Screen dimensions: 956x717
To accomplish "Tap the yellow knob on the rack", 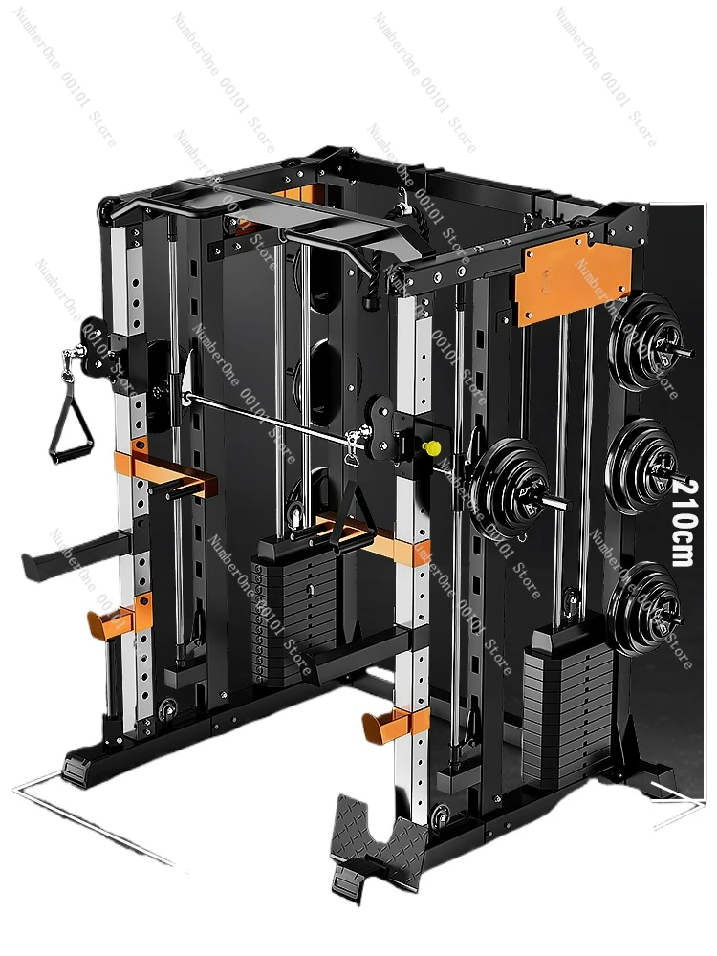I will point(432,447).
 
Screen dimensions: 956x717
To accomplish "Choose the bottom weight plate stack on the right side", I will point(645,608).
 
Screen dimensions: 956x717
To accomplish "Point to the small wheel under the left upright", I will point(169,709).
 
